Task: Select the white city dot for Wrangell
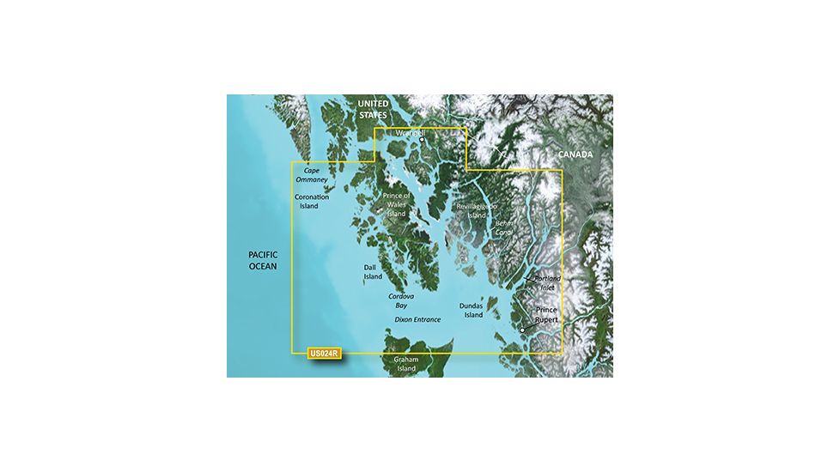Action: point(422,140)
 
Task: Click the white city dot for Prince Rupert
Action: point(522,330)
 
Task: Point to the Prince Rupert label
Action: point(546,315)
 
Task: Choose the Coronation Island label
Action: point(308,201)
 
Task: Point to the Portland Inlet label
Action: point(547,283)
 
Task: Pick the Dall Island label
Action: point(373,272)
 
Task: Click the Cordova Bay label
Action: point(401,300)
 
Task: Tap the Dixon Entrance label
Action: point(417,319)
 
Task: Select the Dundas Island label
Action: point(472,310)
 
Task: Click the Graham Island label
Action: point(405,364)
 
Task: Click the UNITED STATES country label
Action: point(373,108)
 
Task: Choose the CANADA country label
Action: point(575,154)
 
